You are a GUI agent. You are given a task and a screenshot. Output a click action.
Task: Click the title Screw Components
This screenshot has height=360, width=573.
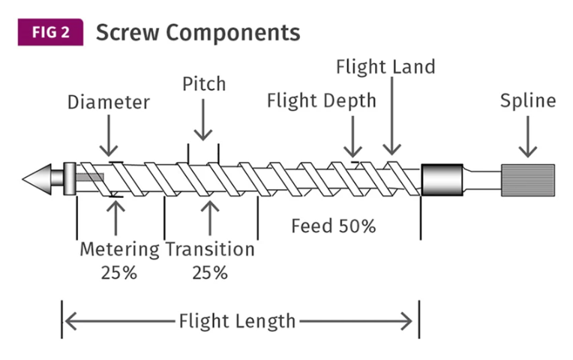[198, 32]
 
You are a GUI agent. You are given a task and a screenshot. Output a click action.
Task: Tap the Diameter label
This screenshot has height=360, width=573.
[109, 102]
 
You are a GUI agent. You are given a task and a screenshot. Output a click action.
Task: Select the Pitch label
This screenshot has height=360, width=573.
[203, 83]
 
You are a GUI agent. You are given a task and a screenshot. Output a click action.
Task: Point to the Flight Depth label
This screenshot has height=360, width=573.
[321, 101]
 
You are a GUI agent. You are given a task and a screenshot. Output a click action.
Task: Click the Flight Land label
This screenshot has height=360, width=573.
[385, 67]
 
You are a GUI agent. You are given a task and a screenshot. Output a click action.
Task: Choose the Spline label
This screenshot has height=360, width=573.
[528, 100]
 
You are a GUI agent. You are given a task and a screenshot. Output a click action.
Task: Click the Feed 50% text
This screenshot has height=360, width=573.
[333, 226]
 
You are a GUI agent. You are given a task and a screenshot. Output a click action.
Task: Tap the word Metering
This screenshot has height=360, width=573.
[119, 249]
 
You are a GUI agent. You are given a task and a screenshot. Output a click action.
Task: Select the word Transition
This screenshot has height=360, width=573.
[210, 249]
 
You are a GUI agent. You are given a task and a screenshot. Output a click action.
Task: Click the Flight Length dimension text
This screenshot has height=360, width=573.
[237, 322]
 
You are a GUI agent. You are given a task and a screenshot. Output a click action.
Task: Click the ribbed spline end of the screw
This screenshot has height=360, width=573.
[527, 180]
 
